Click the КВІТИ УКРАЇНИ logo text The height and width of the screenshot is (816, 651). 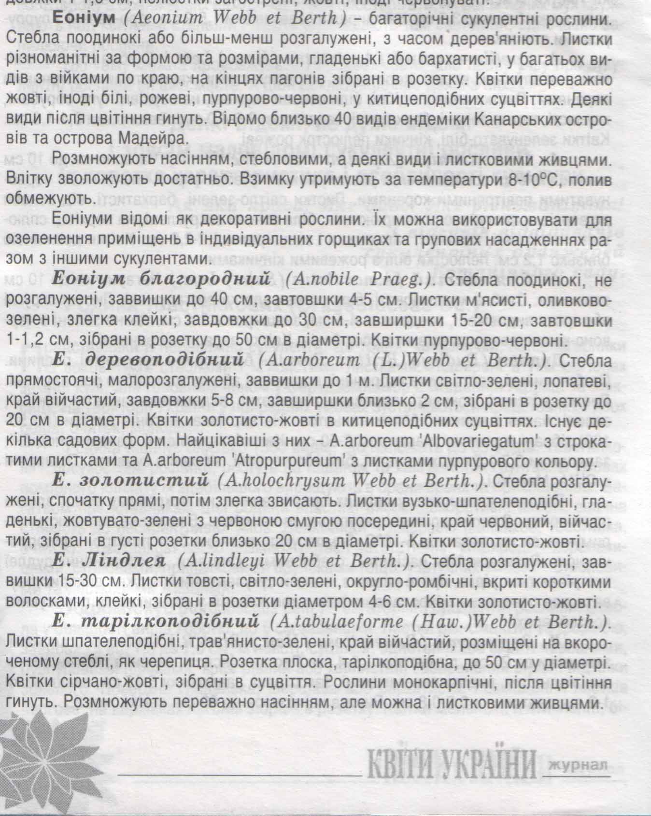[x=453, y=764]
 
